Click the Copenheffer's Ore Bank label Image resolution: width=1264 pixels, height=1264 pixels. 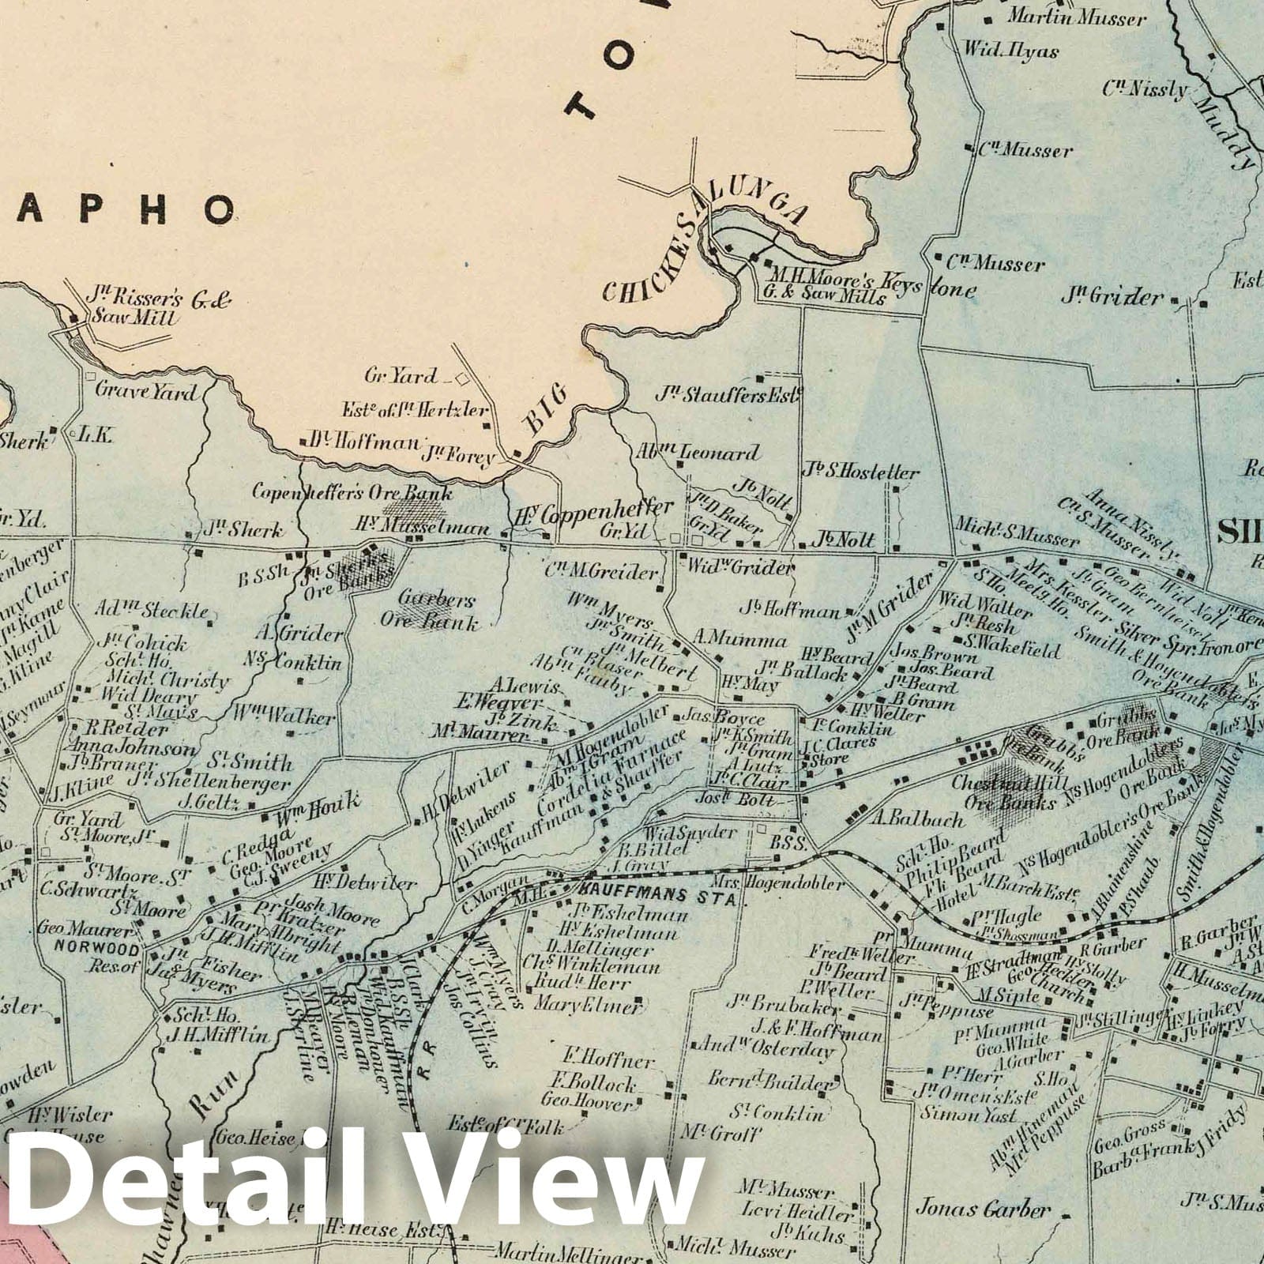click(x=352, y=493)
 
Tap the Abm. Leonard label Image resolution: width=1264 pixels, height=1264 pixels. click(x=697, y=453)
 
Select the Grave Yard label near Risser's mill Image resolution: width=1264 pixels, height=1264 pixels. click(x=145, y=390)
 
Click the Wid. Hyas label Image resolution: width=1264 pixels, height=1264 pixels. click(x=1010, y=51)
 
